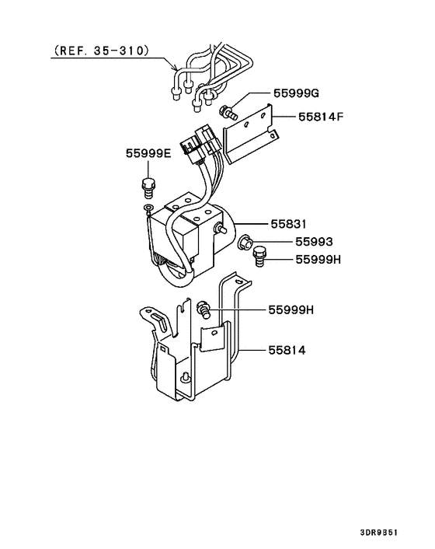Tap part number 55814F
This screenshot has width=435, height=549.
[319, 118]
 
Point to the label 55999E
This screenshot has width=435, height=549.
[148, 154]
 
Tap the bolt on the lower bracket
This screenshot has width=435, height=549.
[204, 309]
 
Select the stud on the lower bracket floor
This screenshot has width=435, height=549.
[187, 379]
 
